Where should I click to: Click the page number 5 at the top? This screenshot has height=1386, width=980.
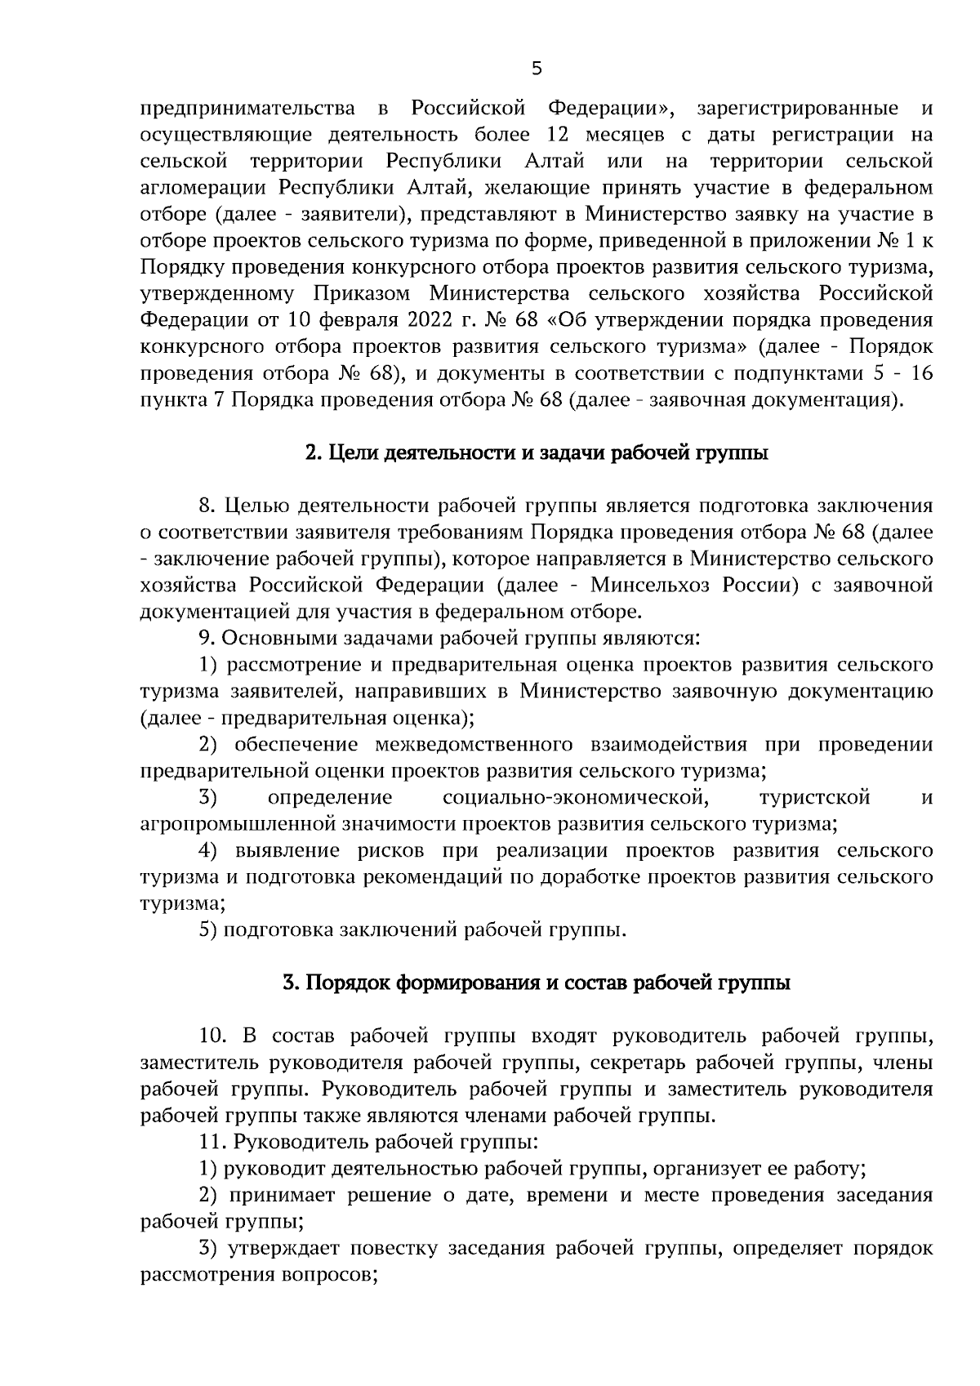pos(536,69)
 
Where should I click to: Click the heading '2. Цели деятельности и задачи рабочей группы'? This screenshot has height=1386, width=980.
pos(536,453)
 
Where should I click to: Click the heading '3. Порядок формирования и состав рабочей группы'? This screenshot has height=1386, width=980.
pos(536,983)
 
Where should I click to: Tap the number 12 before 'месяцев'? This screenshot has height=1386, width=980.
pos(571,135)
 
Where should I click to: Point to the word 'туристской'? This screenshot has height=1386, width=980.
pos(814,797)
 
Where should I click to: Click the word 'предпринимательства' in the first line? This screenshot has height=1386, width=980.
pos(247,109)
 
